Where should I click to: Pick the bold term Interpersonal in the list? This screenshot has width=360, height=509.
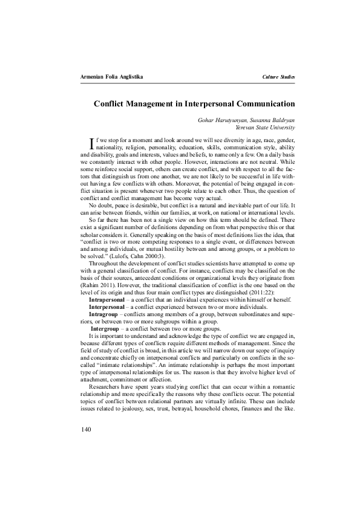click(108, 306)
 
